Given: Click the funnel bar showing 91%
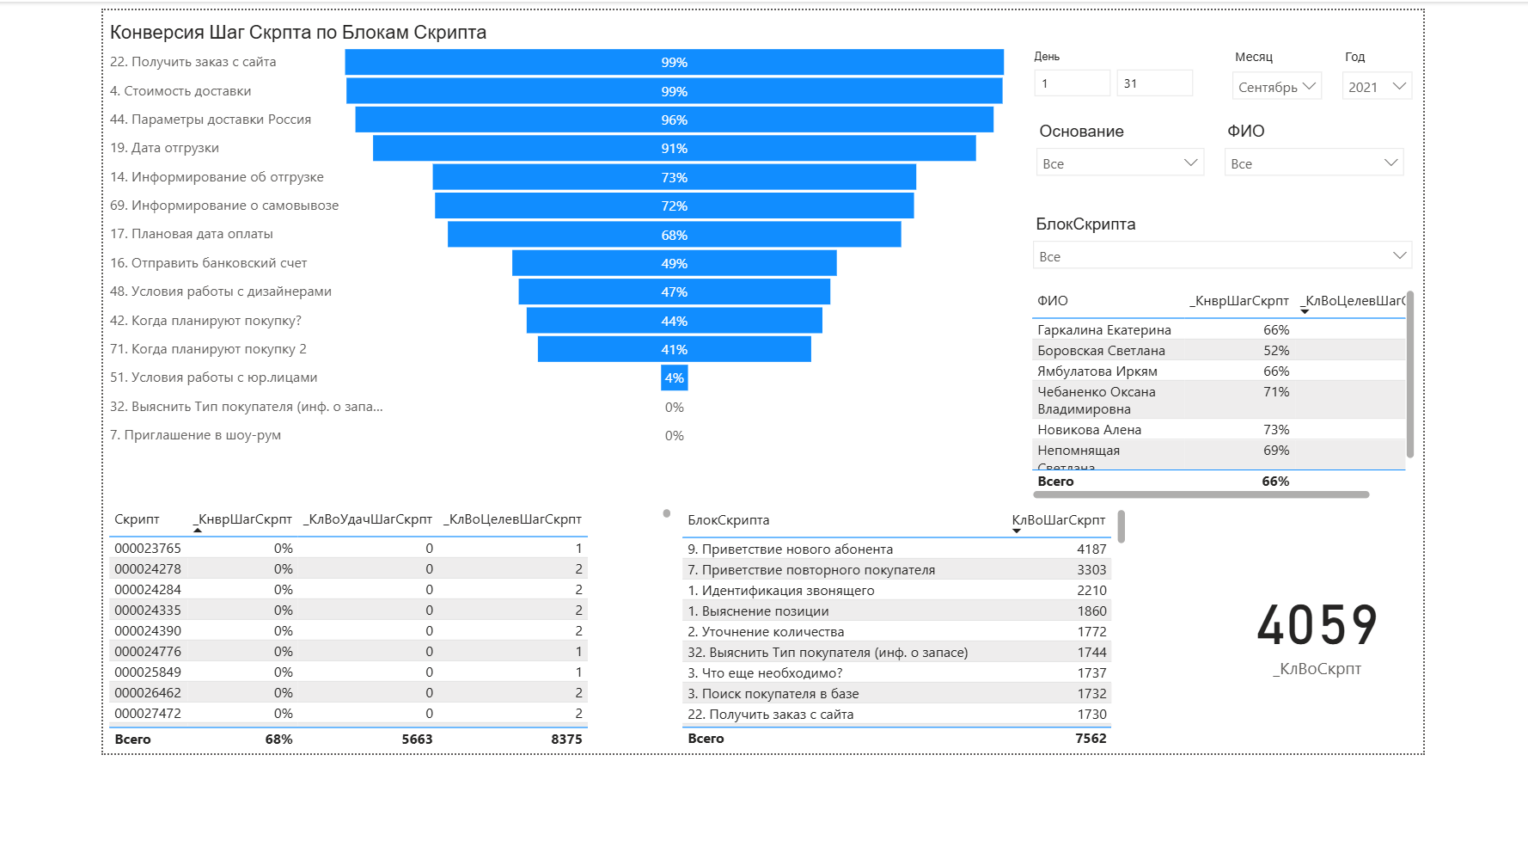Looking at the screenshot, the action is (x=674, y=148).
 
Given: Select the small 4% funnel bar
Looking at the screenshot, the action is (x=674, y=377).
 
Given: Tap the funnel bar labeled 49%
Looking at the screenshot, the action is (x=674, y=263).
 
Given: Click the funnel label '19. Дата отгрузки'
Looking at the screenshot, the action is (x=164, y=148).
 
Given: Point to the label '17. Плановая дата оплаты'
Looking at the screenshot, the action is (x=192, y=234).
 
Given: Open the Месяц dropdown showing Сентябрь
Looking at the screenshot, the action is (x=1276, y=86).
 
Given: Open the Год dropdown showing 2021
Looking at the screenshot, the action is (x=1376, y=86).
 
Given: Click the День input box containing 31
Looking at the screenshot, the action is (x=1154, y=83).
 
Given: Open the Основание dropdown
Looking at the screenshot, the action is (x=1120, y=163).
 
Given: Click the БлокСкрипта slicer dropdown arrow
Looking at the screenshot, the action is (x=1399, y=255).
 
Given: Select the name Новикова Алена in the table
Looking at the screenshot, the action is (x=1089, y=430).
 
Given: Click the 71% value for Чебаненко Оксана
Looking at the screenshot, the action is (x=1276, y=392).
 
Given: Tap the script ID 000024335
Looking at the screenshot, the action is (x=148, y=611).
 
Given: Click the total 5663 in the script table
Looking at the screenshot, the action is (x=417, y=740).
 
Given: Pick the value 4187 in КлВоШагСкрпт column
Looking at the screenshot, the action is (x=1091, y=549).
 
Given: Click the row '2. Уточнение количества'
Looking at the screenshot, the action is (x=766, y=632).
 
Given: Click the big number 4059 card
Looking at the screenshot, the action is (x=1317, y=625).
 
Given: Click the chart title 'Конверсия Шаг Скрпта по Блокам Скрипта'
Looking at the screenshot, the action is (x=298, y=33).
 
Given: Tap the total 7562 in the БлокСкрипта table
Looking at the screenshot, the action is (x=1091, y=739).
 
